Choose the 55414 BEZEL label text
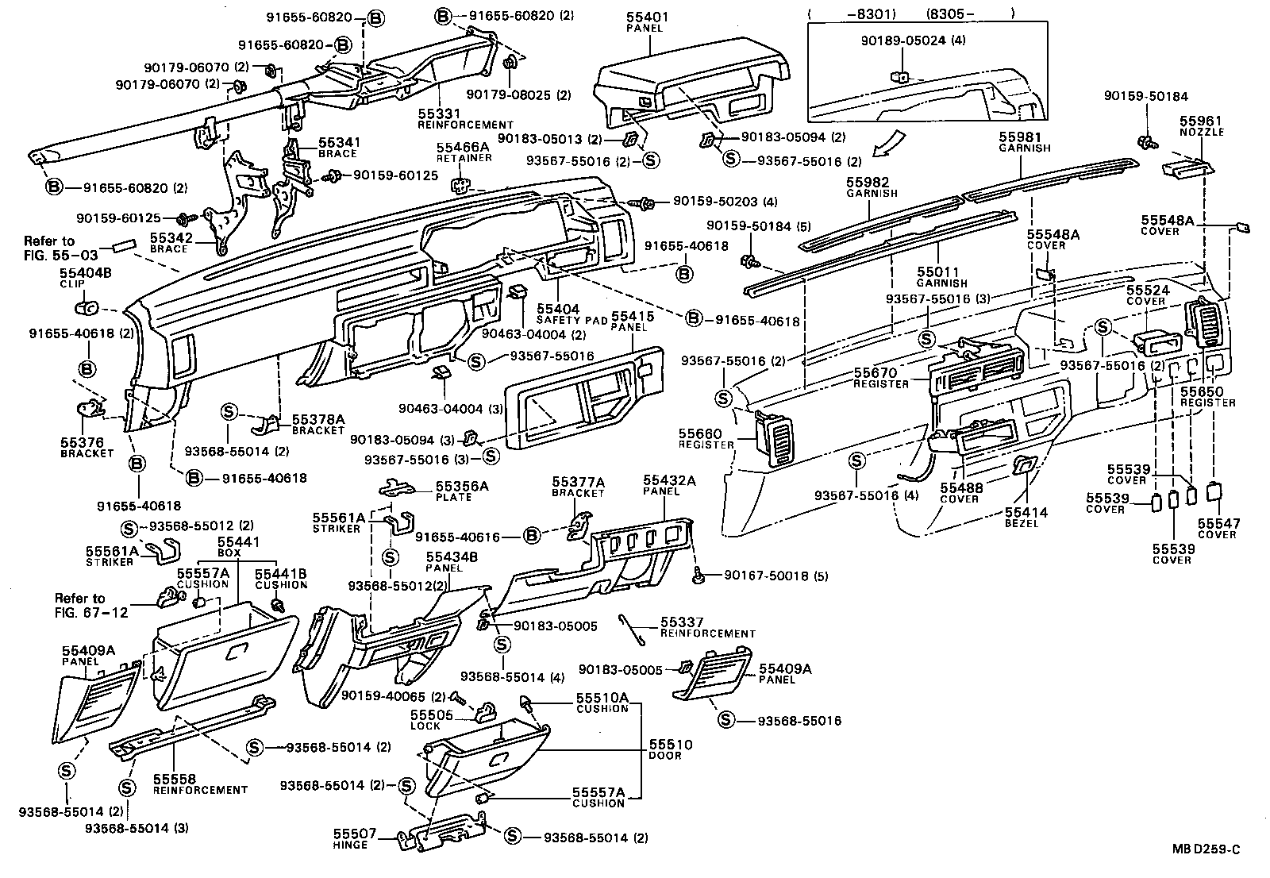click(1026, 518)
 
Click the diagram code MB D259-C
click(1206, 849)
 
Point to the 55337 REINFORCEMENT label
click(707, 627)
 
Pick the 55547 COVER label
click(1218, 529)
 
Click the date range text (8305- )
click(970, 13)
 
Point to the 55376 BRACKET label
click(82, 447)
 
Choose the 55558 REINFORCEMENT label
click(199, 784)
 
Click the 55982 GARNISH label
click(871, 187)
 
